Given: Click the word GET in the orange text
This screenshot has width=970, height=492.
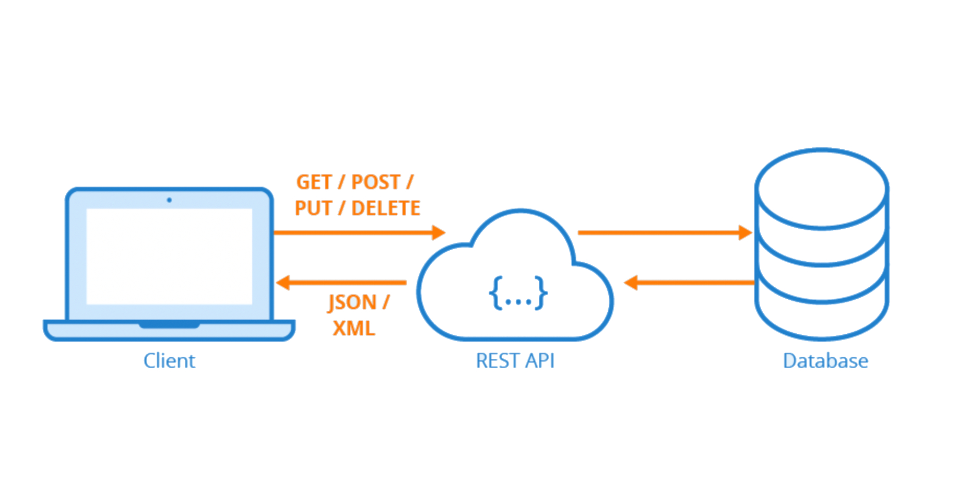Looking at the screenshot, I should pos(314,182).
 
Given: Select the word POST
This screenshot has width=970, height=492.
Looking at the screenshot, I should pos(376,182).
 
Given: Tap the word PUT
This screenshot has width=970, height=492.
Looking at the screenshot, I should pos(313,208).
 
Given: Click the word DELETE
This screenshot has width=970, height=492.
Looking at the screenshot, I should pos(386,208).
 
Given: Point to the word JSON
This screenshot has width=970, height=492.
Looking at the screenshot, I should pos(352,302).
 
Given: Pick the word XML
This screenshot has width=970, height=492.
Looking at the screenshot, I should pos(354,329).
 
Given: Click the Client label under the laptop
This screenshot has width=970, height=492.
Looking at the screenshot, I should pos(169,361).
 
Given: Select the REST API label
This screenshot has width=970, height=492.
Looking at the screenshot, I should pos(515,361).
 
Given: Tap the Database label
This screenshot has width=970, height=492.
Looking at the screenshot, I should pos(825,361).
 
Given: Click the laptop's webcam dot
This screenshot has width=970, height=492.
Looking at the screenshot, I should pos(169,200).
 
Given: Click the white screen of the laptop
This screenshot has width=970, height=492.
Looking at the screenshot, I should pos(169,256).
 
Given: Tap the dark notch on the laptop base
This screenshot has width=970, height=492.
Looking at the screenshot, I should pos(169,325).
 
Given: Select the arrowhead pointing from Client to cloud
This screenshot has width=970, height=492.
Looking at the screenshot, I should pos(439,232).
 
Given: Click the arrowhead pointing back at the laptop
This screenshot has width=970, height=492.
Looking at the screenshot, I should pos(282,283).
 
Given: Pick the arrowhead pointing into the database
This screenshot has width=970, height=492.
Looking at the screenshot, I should pos(745,232).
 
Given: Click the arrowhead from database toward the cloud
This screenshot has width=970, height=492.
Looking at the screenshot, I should pos(631,283).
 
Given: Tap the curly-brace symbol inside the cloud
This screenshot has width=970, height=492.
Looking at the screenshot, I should pos(518,293).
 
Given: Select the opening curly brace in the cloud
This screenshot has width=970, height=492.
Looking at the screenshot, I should pos(495,293).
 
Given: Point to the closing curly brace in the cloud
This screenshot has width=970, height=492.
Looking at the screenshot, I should pos(541,293).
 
